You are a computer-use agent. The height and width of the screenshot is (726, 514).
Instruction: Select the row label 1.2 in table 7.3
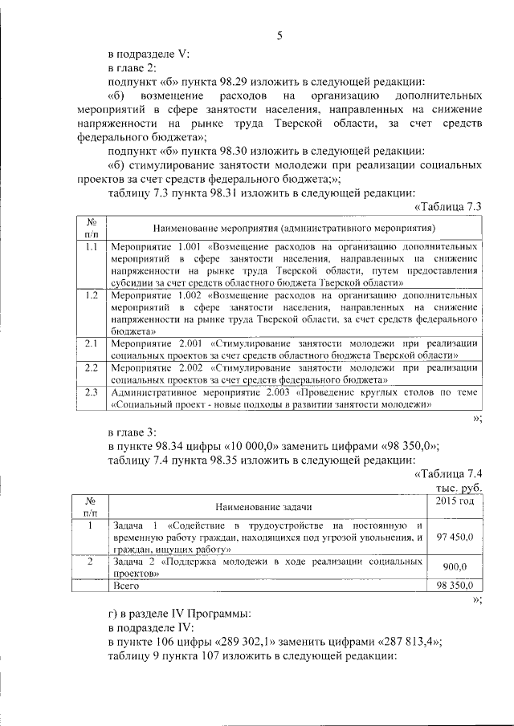[92, 295]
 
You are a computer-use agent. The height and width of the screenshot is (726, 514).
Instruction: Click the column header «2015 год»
[454, 501]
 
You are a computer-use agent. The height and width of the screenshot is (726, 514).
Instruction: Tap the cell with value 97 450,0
[455, 537]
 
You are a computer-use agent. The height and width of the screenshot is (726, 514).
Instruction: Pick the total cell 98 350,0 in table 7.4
[455, 586]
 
